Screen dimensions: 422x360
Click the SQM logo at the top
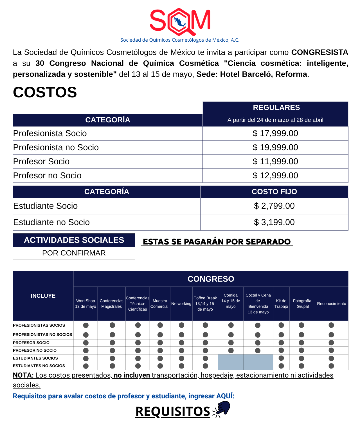(180, 21)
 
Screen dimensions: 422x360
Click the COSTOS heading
(45, 92)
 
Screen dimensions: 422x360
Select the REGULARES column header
(276, 107)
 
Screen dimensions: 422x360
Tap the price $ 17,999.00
(275, 133)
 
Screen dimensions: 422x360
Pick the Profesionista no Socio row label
(56, 147)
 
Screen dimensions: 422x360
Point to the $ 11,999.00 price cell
(275, 161)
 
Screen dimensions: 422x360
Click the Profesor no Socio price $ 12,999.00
(275, 176)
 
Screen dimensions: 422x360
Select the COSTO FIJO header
(274, 192)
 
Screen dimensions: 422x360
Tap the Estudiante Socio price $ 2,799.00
(274, 206)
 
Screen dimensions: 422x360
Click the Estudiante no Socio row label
(51, 222)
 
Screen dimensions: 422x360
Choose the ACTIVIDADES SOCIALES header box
(74, 240)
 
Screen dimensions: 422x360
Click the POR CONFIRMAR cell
(74, 253)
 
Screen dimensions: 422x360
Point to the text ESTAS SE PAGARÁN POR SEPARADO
(217, 242)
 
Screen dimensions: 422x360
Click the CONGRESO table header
(211, 279)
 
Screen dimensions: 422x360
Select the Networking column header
(181, 304)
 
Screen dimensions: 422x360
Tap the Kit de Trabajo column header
(281, 304)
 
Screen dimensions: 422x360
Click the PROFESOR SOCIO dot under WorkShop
(86, 343)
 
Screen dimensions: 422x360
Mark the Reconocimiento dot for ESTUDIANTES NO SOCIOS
(331, 366)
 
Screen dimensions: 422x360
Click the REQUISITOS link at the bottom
(173, 411)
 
